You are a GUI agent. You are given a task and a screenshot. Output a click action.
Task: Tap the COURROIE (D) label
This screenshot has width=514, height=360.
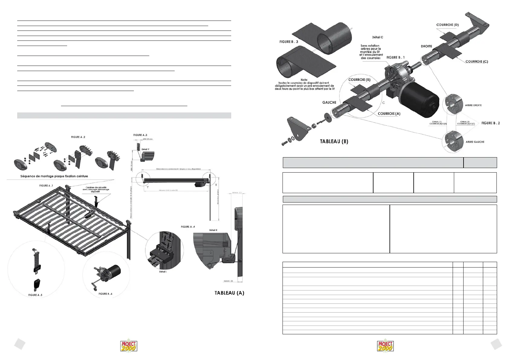448,25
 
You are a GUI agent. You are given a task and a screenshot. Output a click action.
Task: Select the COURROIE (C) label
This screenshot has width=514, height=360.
477,61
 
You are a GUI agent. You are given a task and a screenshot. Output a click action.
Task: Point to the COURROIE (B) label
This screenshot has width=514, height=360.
359,80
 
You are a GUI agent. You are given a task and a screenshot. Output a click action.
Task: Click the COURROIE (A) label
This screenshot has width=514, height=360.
389,113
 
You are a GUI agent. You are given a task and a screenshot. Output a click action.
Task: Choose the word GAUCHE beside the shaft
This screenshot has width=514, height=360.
329,102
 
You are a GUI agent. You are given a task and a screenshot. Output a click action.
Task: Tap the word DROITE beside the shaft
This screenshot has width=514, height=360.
426,46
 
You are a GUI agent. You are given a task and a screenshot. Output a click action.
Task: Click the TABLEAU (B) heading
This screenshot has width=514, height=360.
334,141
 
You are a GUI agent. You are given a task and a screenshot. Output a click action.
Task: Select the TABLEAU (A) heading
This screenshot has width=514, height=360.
229,293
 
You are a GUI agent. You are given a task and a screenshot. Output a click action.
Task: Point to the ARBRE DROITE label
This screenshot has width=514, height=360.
473,105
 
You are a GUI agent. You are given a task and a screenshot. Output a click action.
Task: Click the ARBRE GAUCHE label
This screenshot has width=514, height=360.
475,142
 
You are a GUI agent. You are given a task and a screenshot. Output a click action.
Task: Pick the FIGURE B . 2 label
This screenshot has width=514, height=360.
490,123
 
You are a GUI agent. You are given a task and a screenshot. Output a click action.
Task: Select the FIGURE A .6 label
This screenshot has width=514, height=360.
105,294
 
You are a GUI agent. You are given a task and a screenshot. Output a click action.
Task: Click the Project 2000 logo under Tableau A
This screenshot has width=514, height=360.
129,346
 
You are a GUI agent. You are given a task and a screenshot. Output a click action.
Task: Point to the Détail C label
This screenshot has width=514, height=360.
377,37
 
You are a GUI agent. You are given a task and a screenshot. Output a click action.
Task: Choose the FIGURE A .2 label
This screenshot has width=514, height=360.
78,137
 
